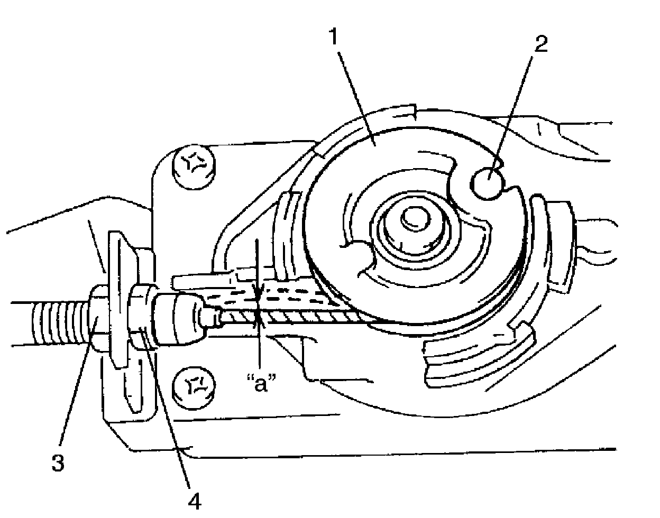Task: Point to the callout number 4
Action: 195,500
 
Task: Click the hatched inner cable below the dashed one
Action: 307,318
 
